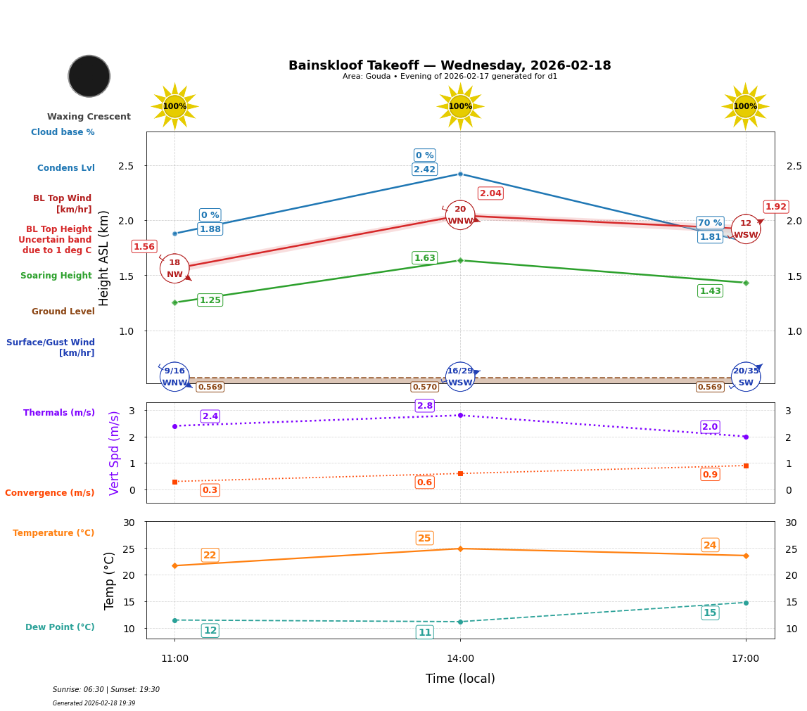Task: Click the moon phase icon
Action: (89, 76)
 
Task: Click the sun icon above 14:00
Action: (460, 106)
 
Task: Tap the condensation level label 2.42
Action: (424, 169)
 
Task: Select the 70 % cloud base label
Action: (710, 223)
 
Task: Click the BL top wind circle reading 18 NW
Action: (174, 269)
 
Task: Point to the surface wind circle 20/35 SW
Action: (746, 377)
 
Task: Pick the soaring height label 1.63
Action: (424, 258)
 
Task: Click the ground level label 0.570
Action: (424, 387)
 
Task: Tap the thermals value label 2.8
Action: (425, 406)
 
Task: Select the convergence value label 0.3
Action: (210, 490)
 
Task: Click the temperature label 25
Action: (424, 539)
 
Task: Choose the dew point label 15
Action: (710, 613)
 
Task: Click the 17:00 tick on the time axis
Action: (746, 659)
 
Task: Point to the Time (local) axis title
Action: (460, 679)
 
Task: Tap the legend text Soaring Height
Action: (56, 276)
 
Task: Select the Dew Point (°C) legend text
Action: (60, 627)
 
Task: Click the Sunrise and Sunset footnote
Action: (106, 690)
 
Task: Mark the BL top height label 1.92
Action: (776, 207)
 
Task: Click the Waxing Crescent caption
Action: (89, 117)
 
